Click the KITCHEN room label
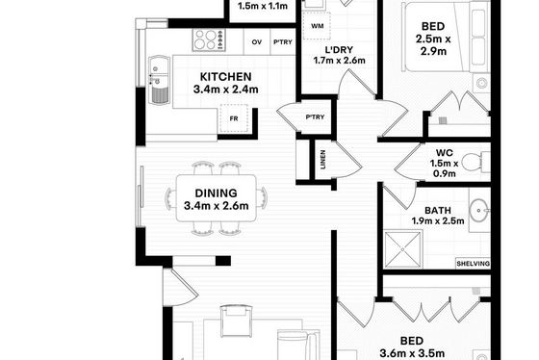click(226, 77)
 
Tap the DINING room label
click(216, 193)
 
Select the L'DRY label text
click(339, 50)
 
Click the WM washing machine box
click(317, 26)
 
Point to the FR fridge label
click(234, 118)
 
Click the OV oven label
click(257, 42)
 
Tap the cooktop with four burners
click(209, 39)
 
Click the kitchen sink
click(159, 80)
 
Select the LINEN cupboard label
click(322, 160)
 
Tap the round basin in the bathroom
click(478, 210)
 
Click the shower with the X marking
click(403, 249)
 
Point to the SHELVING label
click(473, 264)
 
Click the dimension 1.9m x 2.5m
click(438, 220)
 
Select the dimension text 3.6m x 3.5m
click(412, 353)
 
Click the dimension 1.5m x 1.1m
click(263, 6)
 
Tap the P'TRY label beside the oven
click(283, 42)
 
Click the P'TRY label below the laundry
click(316, 116)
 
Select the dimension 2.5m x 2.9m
click(433, 45)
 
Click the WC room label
click(444, 152)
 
